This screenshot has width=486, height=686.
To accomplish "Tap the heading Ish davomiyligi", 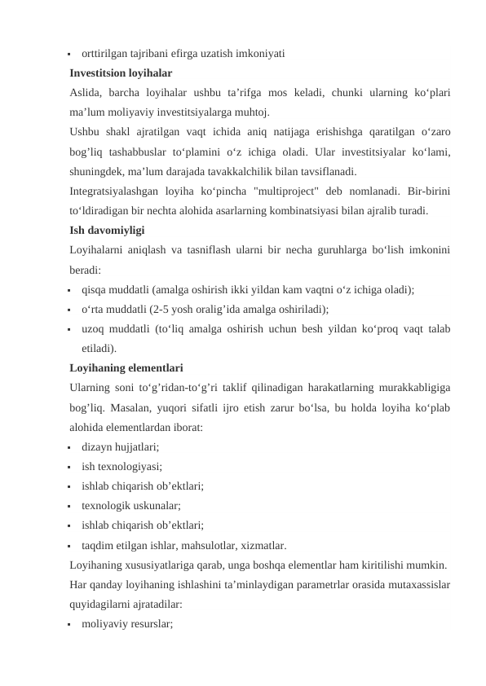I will point(108,230).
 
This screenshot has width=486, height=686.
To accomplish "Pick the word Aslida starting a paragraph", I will point(86,92).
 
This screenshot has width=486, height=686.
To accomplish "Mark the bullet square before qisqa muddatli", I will point(73,290).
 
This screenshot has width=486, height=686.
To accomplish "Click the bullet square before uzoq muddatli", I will point(73,329).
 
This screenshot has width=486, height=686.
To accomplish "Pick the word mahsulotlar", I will point(216,545).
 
